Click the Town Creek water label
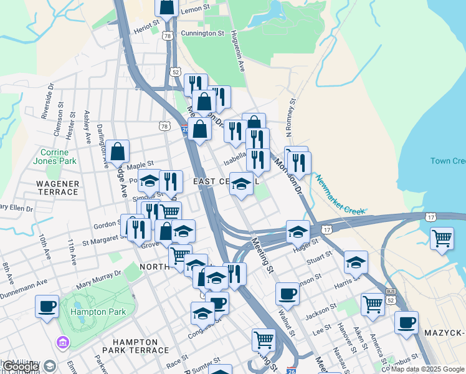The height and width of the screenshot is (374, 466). click(x=447, y=161)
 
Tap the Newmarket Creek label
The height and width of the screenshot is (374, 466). click(x=339, y=195)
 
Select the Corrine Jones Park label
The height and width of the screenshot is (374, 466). click(x=58, y=156)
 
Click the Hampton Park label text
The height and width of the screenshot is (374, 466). click(x=98, y=312)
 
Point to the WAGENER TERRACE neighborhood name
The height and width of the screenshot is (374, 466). click(x=57, y=188)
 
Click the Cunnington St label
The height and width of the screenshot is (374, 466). click(x=202, y=33)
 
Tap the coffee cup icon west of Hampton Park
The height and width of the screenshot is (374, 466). click(x=47, y=307)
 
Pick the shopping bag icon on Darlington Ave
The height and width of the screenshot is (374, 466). click(x=117, y=151)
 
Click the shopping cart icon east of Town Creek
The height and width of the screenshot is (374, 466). click(x=442, y=238)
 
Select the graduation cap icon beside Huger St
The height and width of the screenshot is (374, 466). click(x=298, y=231)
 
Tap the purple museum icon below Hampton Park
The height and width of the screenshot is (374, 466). click(x=62, y=342)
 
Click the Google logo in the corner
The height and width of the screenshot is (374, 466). click(x=20, y=367)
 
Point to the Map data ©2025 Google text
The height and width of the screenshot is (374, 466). click(x=427, y=369)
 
